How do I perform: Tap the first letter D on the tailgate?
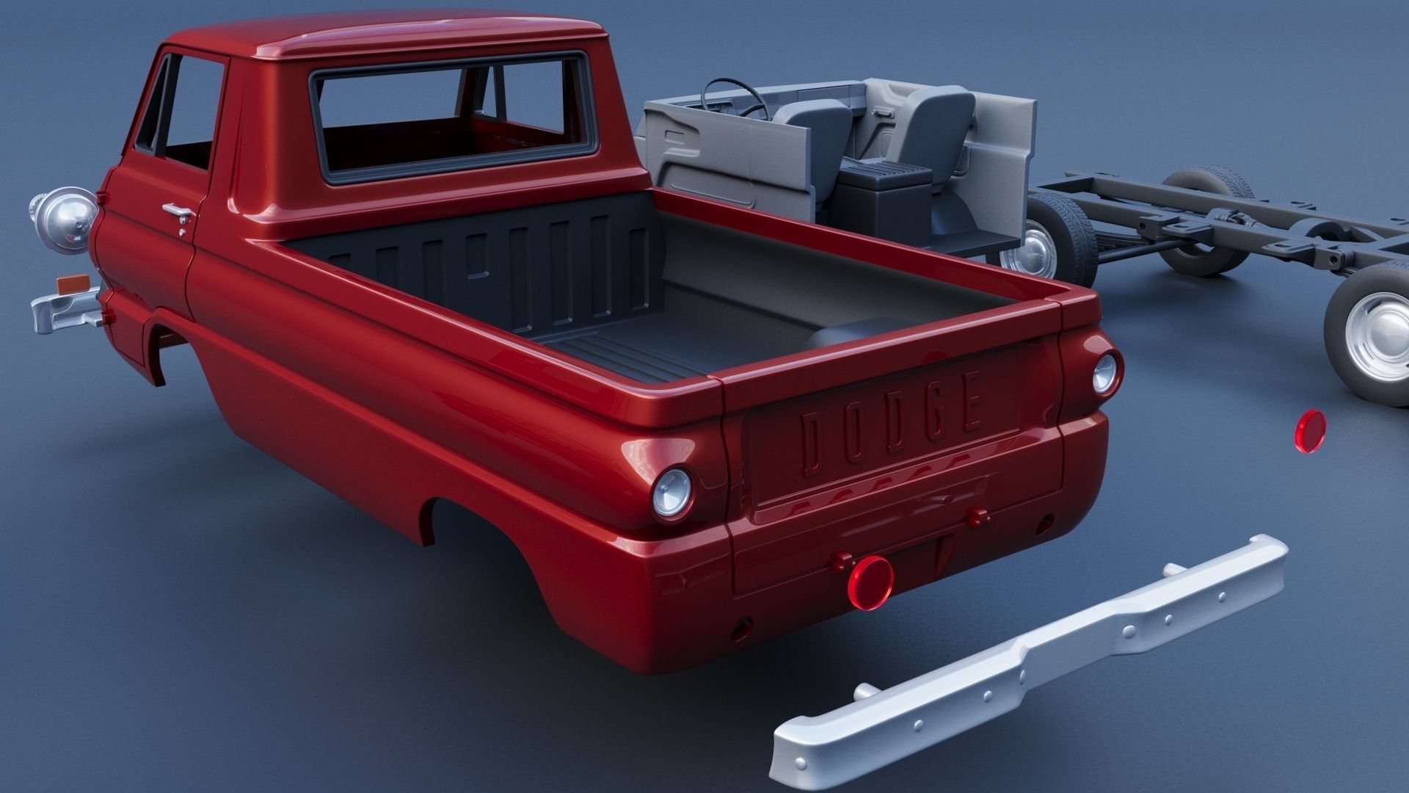tap(815, 441)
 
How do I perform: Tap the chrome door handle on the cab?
tap(177, 211)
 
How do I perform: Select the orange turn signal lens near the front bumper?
tap(71, 283)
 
